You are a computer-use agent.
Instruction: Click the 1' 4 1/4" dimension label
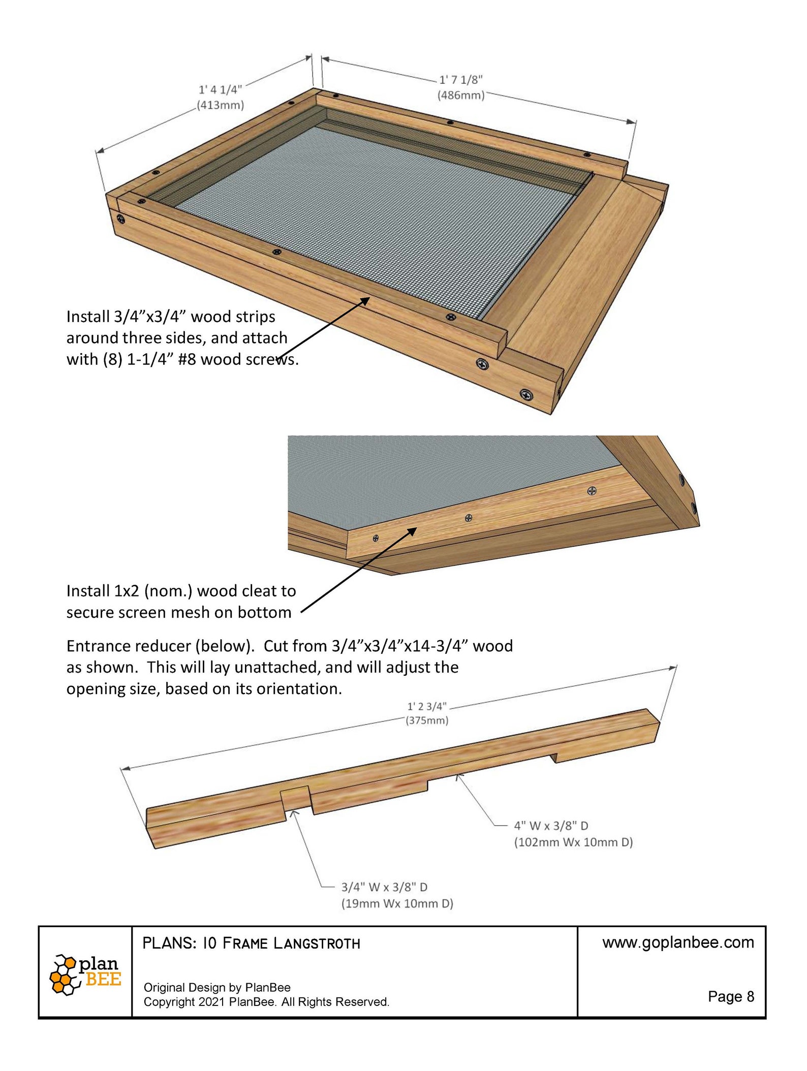pyautogui.click(x=220, y=89)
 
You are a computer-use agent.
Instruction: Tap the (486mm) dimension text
pyautogui.click(x=460, y=95)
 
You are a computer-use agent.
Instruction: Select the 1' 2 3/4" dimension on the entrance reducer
pyautogui.click(x=426, y=706)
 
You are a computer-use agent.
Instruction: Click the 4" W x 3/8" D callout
pyautogui.click(x=551, y=826)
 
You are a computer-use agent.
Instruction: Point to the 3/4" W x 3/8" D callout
pyautogui.click(x=384, y=887)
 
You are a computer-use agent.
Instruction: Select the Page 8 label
pyautogui.click(x=730, y=996)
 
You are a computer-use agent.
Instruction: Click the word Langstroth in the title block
pyautogui.click(x=317, y=944)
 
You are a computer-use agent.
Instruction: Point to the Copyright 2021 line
pyautogui.click(x=266, y=1002)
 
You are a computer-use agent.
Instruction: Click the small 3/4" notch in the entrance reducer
pyautogui.click(x=295, y=798)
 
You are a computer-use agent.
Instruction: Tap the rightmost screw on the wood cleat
pyautogui.click(x=592, y=491)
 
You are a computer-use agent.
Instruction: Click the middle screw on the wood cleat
pyautogui.click(x=469, y=518)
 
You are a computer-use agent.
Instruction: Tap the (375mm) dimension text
pyautogui.click(x=426, y=720)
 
